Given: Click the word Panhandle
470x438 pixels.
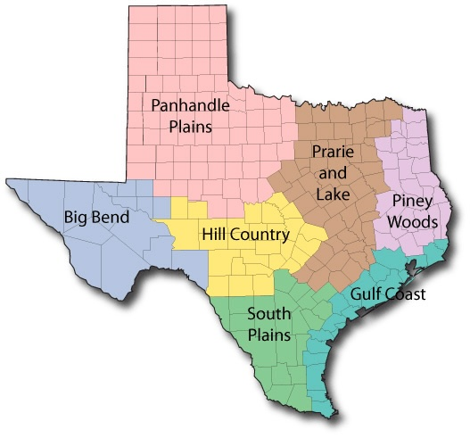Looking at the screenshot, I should tap(190, 105).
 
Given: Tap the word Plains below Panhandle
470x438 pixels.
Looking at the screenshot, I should tap(190, 126).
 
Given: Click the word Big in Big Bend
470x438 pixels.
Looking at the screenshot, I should tap(76, 217).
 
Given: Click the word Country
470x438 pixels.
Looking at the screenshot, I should tap(260, 236).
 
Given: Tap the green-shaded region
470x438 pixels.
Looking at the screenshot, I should tap(268, 366).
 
